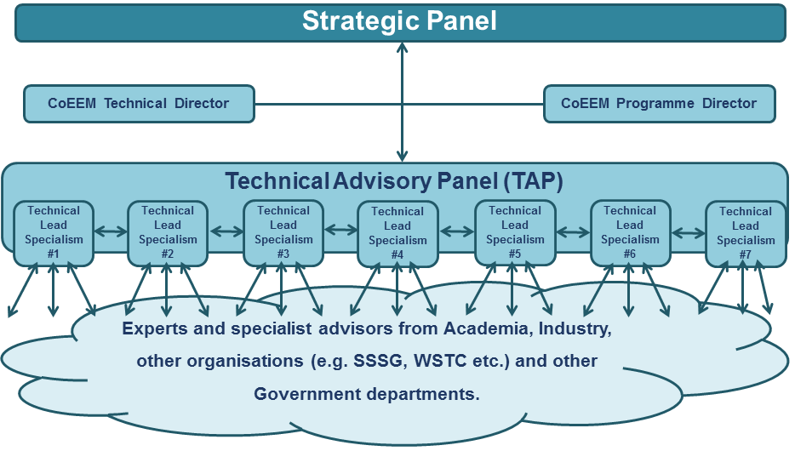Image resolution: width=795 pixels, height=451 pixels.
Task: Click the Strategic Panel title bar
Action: [x=401, y=23]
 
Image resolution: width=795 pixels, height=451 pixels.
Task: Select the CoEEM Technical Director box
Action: [x=139, y=104]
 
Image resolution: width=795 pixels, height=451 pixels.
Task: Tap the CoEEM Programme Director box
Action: [x=659, y=104]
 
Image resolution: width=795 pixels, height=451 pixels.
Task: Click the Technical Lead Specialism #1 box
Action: [x=54, y=233]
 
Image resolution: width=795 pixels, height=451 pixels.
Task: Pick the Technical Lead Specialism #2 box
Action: [x=168, y=233]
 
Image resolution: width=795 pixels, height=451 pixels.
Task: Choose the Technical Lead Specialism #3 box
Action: [x=283, y=233]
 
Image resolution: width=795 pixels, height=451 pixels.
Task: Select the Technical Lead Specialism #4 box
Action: [x=397, y=234]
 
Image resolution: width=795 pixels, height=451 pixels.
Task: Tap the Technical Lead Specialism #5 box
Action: [x=515, y=233]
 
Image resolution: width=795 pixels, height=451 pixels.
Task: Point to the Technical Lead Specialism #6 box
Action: [x=630, y=233]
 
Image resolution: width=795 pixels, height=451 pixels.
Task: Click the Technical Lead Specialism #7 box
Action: [x=746, y=234]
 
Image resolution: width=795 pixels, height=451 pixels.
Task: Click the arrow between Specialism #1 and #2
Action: [x=111, y=231]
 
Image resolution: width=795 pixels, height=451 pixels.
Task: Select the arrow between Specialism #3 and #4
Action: [x=340, y=230]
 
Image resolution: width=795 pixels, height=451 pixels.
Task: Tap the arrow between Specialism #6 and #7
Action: [x=688, y=233]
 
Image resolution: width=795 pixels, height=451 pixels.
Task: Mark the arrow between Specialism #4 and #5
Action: [x=456, y=231]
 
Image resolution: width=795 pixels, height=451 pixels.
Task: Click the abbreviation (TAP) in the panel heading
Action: [x=534, y=181]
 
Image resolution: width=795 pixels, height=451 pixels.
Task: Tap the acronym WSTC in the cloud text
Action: [x=440, y=361]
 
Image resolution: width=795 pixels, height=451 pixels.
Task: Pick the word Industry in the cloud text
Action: [x=575, y=328]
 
